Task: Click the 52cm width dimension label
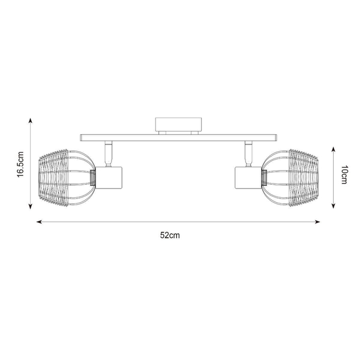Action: (170, 235)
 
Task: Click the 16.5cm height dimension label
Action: (20, 164)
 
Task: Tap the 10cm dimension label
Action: (344, 175)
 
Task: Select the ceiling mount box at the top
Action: (178, 124)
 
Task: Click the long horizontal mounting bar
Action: (179, 138)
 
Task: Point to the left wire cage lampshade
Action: (67, 177)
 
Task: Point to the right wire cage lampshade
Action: (290, 177)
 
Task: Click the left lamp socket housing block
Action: (109, 178)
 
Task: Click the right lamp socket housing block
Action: (248, 178)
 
